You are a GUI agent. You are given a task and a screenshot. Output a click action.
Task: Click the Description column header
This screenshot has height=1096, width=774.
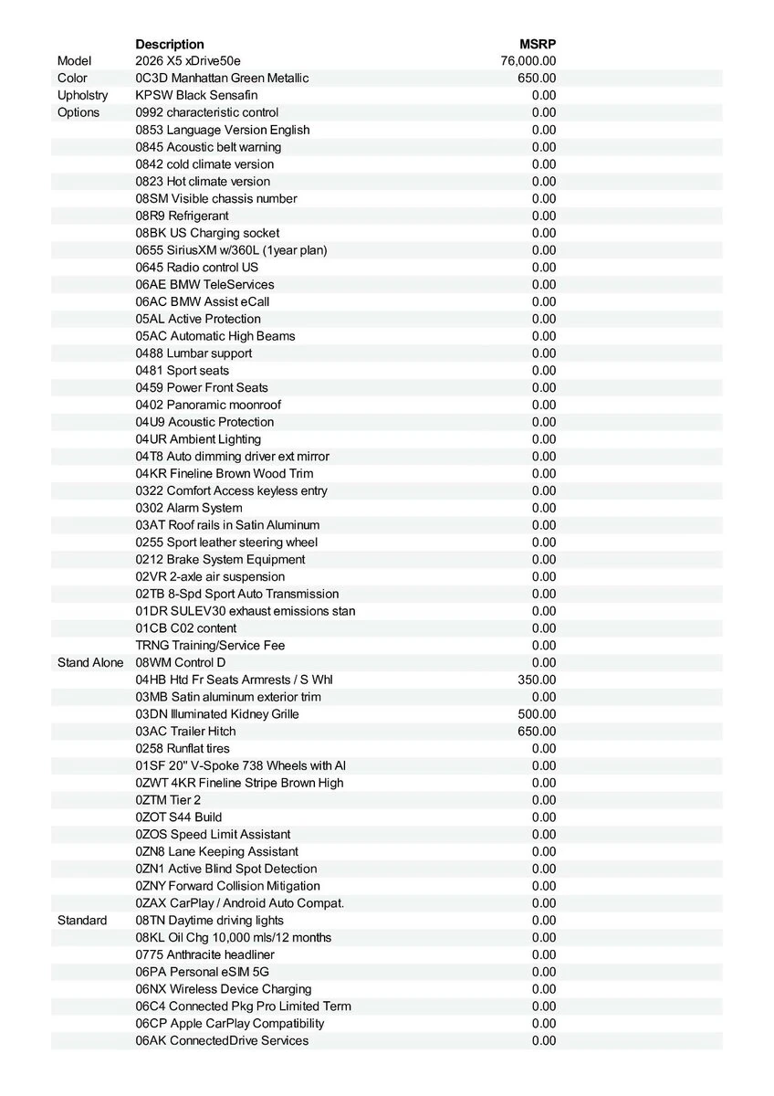(170, 44)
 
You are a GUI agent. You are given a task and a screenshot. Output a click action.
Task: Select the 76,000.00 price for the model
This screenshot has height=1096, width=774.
(528, 61)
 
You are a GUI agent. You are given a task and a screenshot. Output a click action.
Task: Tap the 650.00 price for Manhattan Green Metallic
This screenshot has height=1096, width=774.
(537, 79)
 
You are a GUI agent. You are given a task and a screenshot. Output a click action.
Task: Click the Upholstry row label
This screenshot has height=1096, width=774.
(82, 95)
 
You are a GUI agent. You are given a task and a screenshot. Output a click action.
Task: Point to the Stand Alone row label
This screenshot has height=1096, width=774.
(90, 662)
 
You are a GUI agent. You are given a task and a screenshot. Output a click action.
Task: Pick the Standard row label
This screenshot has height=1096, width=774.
(82, 920)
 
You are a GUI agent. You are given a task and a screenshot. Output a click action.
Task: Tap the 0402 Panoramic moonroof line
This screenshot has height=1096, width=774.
(208, 405)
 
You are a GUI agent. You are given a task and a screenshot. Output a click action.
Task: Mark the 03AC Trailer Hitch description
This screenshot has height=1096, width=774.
(185, 732)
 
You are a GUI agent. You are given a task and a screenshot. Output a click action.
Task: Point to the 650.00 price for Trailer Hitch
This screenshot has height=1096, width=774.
(537, 732)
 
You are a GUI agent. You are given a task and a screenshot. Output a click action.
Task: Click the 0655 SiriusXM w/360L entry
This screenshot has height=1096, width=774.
(231, 250)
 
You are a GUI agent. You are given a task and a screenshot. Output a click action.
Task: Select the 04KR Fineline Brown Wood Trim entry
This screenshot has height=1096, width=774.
(224, 473)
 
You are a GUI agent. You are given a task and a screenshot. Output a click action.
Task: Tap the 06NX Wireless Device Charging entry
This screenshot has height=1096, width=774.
(224, 989)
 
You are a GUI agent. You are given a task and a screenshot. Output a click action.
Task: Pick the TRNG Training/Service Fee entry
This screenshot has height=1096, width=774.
(210, 646)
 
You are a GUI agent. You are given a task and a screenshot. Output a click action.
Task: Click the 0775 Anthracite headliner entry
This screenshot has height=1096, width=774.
(204, 954)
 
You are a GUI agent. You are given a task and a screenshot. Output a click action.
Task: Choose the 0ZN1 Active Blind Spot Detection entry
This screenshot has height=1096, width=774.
(226, 869)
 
